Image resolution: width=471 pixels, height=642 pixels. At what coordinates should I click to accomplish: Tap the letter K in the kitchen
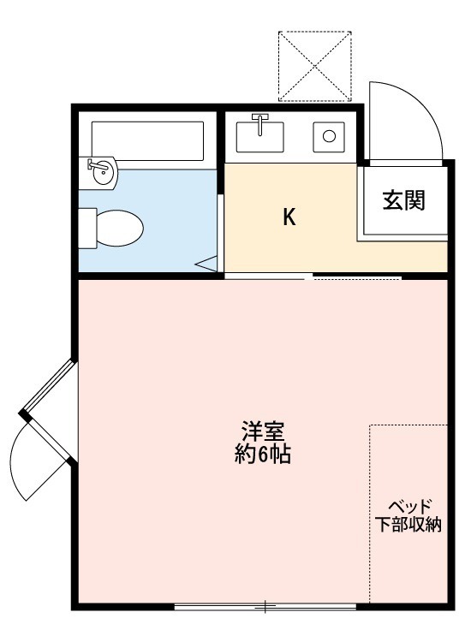(289, 217)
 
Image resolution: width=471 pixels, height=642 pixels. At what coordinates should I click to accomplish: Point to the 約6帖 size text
(263, 455)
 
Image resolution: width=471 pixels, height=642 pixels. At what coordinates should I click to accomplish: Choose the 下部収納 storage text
(408, 525)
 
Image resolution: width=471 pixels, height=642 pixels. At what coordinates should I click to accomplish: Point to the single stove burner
(329, 135)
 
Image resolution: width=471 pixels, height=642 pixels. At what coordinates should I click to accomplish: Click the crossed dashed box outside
(315, 66)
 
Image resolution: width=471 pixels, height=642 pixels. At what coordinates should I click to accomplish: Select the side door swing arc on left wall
(34, 471)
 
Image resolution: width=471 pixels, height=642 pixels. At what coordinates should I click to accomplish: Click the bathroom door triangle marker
(209, 265)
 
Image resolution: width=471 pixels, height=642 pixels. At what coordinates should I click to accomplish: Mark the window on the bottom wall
(265, 608)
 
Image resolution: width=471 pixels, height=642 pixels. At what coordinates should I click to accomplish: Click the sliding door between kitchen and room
(313, 276)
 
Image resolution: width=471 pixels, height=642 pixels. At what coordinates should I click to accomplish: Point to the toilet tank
(86, 228)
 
